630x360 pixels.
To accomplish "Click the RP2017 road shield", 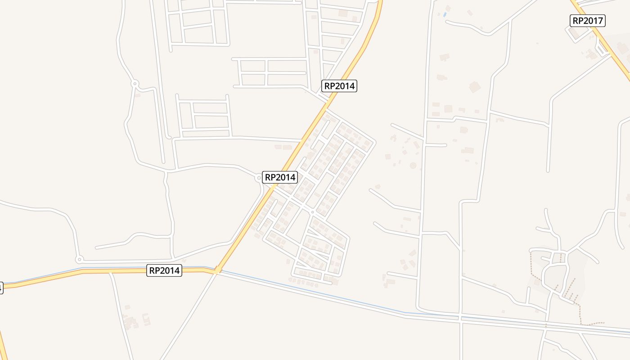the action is coord(588,20).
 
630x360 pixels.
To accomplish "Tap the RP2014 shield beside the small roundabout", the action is coord(280,177).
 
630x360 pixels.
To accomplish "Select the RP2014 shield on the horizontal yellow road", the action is coord(164,270).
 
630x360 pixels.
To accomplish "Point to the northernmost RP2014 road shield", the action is coord(339,85).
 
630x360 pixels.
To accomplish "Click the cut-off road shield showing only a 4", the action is coord(1,288).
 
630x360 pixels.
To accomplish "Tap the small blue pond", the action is coord(445,15).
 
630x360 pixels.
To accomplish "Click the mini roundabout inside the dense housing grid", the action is coord(312,212).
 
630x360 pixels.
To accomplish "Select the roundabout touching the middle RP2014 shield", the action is coord(259,178).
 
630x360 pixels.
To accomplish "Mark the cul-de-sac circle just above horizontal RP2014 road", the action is coord(79,260).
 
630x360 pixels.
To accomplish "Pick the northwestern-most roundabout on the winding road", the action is coord(135,83).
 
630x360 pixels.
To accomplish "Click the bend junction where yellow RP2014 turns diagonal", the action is coord(217,270).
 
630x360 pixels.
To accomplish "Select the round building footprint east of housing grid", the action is coord(413,166).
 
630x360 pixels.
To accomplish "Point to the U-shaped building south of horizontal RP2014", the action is coord(146,319).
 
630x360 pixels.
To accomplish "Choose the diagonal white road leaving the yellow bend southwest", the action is coord(189,315).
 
